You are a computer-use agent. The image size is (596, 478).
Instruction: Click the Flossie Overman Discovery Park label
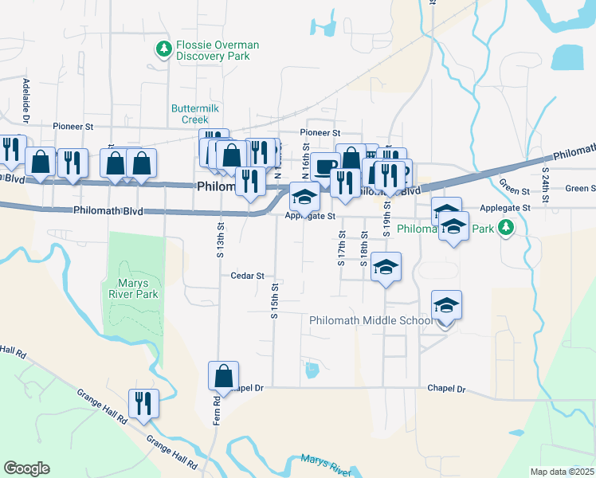coord(213,50)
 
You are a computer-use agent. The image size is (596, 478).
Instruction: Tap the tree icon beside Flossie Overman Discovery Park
coord(164,49)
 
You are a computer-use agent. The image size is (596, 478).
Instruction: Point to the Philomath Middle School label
coord(371,320)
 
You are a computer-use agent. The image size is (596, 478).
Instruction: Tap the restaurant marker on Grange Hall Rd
coord(144,402)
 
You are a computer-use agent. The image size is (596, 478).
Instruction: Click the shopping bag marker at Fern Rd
coord(224,376)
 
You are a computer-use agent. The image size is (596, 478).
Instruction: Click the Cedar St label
coord(247,276)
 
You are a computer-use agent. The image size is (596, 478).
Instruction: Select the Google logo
coord(26,468)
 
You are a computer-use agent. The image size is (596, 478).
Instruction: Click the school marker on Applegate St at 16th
coord(304,196)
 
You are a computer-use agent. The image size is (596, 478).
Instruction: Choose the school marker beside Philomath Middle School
coord(446,305)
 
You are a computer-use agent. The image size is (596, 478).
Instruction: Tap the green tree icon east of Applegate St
coord(504,229)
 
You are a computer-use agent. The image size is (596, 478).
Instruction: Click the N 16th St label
coord(305,159)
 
